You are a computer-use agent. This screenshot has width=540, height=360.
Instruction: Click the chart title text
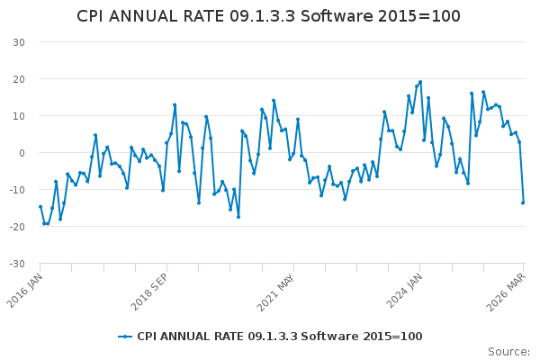[x=268, y=16]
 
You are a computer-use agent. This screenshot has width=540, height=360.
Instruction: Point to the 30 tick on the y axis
[x=18, y=42]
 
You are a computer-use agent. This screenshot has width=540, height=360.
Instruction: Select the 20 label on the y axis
[x=18, y=79]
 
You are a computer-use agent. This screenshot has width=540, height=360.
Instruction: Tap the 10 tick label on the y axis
[x=18, y=116]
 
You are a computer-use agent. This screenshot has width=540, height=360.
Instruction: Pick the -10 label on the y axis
[x=16, y=190]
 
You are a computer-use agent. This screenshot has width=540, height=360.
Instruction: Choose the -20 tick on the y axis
[x=16, y=227]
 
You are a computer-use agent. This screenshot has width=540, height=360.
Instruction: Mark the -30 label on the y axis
[x=16, y=264]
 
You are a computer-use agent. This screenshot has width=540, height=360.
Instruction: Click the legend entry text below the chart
[x=279, y=337]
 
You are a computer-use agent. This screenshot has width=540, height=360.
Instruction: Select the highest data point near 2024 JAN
[x=420, y=82]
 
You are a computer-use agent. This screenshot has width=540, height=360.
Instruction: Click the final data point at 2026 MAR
[x=523, y=202]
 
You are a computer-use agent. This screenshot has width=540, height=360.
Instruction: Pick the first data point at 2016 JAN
[x=40, y=206]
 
